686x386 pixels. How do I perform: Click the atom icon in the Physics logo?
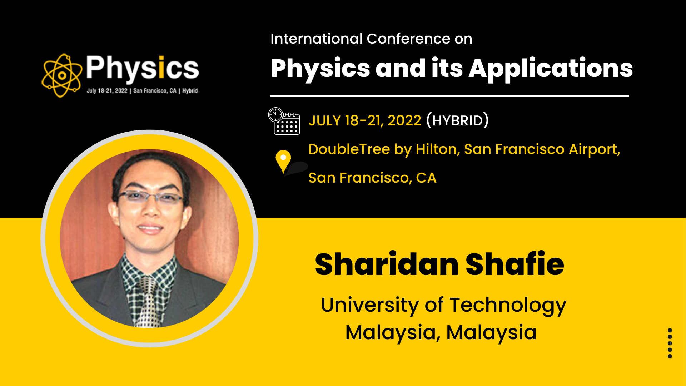[62, 75]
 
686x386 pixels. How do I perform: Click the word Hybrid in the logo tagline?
[190, 91]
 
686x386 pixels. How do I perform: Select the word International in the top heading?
[317, 39]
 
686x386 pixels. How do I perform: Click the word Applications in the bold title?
[551, 69]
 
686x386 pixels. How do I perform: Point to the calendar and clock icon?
[284, 121]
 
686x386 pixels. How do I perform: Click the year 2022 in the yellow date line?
[404, 120]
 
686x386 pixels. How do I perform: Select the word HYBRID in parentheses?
[457, 120]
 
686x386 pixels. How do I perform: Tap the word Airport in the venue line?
[594, 150]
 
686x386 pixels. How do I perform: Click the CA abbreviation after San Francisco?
[426, 178]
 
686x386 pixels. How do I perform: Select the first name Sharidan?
[387, 264]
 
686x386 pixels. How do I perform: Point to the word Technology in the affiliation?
[508, 306]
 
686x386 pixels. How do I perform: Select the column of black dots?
[670, 343]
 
